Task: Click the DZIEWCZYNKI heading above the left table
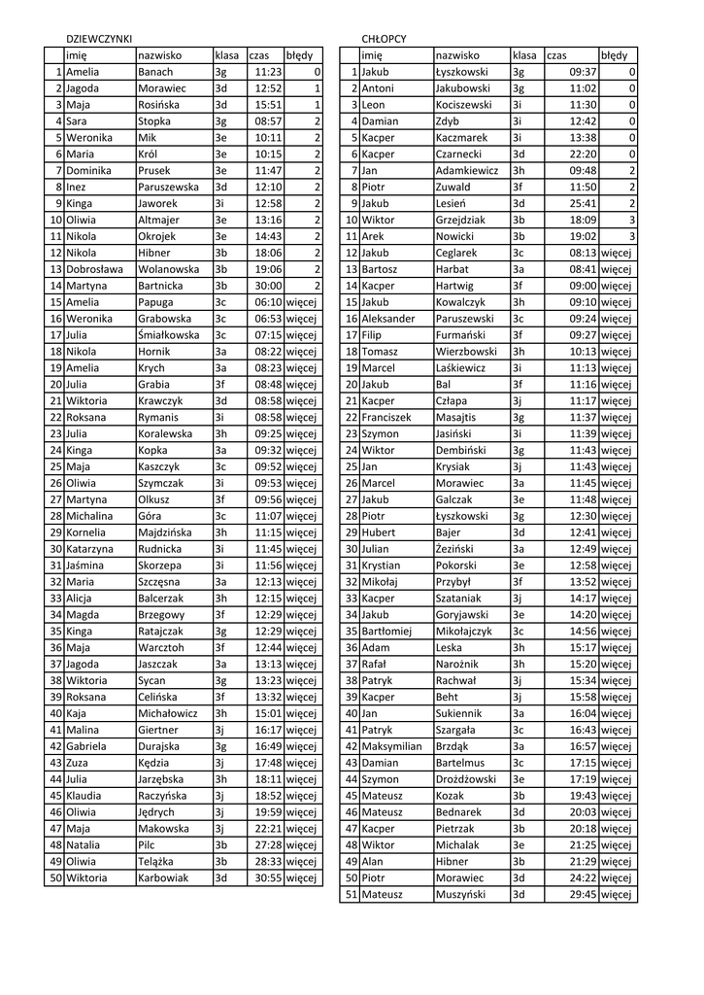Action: coord(98,39)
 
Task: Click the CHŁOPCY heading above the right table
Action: coord(384,39)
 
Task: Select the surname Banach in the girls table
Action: coord(155,72)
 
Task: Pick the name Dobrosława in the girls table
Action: coord(94,269)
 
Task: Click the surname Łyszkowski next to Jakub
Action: coord(461,72)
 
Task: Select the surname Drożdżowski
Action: coord(466,779)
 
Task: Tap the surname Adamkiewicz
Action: coord(467,170)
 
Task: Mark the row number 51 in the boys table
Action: coord(352,894)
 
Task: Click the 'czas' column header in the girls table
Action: coord(259,55)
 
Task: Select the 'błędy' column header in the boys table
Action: coord(614,55)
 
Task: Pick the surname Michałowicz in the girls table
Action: coord(168,713)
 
